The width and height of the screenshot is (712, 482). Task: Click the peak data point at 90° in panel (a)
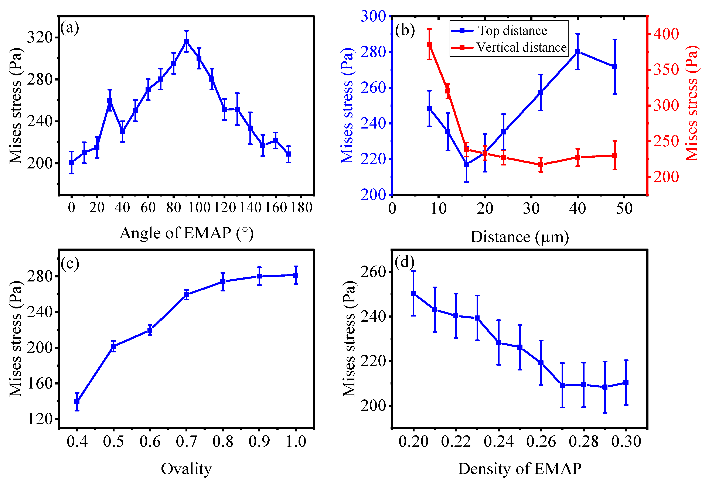(186, 41)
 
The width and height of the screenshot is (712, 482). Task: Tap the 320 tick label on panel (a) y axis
(40, 38)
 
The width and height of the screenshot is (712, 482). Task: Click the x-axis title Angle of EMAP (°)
(187, 233)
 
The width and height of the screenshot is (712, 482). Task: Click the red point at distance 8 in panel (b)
(429, 44)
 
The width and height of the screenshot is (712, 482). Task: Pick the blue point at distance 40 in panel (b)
(578, 52)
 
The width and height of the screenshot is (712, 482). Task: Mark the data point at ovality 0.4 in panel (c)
(77, 401)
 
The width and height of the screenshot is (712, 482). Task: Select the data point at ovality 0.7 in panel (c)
(186, 295)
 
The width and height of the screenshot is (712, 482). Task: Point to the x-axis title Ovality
(186, 469)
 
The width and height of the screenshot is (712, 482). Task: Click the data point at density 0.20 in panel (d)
(413, 293)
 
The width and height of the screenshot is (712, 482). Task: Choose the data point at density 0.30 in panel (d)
(626, 382)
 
